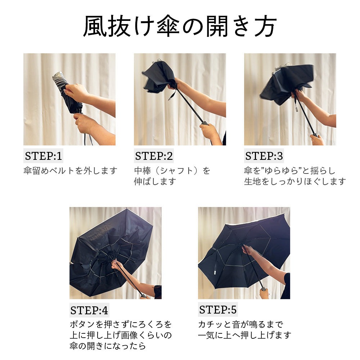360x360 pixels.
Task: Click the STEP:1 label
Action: point(44,156)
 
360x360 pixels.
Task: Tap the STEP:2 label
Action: point(154,156)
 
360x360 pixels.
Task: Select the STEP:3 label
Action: point(264,156)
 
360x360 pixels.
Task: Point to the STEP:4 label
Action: point(89,310)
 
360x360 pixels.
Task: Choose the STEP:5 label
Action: point(218,310)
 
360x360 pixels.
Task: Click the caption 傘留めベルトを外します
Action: point(70,171)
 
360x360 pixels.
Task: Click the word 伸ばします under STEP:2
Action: point(155,181)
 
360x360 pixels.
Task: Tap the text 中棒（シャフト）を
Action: point(172,171)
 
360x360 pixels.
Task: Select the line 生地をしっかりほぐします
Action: point(295,181)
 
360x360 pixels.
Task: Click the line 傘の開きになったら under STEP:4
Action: point(108,346)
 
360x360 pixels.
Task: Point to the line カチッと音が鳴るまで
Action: point(240,324)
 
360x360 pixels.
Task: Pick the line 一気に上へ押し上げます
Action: point(244,335)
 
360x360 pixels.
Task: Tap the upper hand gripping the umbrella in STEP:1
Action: point(76,92)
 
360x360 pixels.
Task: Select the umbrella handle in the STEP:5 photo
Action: point(264,289)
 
